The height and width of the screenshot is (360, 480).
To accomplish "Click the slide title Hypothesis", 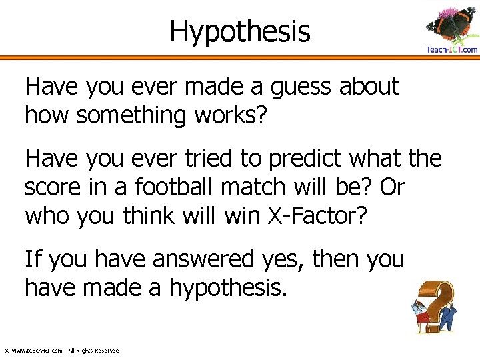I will tap(240, 31).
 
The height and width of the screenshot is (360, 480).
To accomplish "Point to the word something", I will tap(133, 115).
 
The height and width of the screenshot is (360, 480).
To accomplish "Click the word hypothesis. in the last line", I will tap(228, 289).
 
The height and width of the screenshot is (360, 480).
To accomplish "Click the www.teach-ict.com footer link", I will tap(37, 351).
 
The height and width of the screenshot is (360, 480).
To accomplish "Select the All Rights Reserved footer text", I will tap(94, 351).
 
